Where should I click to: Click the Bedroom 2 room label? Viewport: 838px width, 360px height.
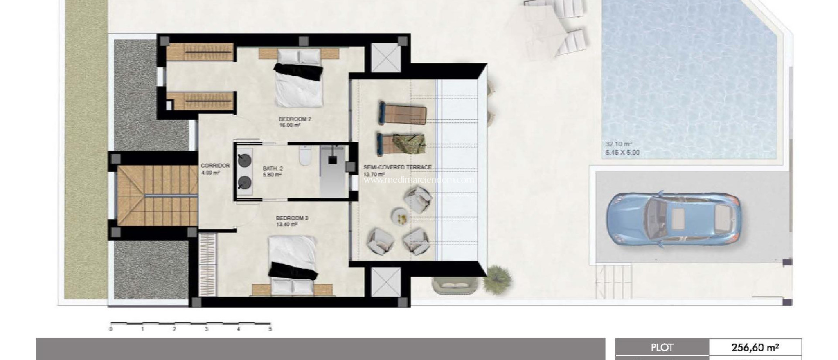pos(295,119)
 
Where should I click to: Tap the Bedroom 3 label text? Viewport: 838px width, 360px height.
pos(292,218)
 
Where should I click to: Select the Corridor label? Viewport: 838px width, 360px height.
pos(215,166)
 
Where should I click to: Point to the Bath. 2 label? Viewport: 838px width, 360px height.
pos(273,168)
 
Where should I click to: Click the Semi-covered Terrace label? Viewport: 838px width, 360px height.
pos(397,167)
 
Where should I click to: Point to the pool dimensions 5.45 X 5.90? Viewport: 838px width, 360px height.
pos(622,153)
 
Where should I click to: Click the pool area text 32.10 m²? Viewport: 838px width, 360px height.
pos(619,144)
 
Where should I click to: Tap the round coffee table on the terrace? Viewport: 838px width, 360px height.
pos(399,216)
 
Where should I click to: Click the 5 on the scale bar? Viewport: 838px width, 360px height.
pos(270,329)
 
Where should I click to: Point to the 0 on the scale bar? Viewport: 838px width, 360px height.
pos(111,329)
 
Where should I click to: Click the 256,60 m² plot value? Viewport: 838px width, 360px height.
pos(755,348)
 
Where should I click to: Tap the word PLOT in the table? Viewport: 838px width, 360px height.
pos(662,348)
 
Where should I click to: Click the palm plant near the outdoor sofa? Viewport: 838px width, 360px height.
pos(498,278)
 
